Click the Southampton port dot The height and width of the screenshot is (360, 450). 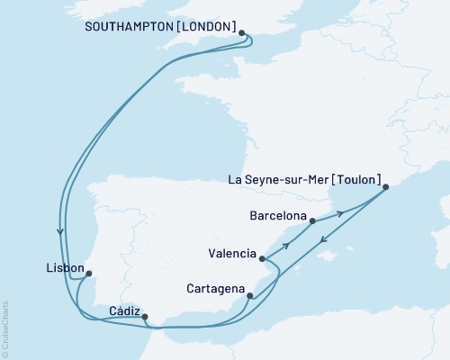click(x=242, y=33)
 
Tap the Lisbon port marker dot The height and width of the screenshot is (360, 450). click(x=88, y=275)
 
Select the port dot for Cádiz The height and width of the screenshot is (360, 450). click(x=145, y=316)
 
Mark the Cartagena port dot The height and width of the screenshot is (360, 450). click(x=249, y=294)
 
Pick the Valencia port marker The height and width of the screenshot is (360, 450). click(x=262, y=259)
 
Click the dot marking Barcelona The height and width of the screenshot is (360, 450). click(x=311, y=220)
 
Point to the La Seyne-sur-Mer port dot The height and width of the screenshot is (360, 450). click(x=385, y=187)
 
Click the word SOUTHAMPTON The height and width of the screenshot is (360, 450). click(x=128, y=27)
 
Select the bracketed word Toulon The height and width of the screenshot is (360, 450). click(x=356, y=179)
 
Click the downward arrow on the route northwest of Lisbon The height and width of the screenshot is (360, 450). click(x=60, y=230)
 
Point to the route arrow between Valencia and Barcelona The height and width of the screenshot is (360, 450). click(x=287, y=244)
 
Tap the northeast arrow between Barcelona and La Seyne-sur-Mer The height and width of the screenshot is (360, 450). click(x=340, y=213)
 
